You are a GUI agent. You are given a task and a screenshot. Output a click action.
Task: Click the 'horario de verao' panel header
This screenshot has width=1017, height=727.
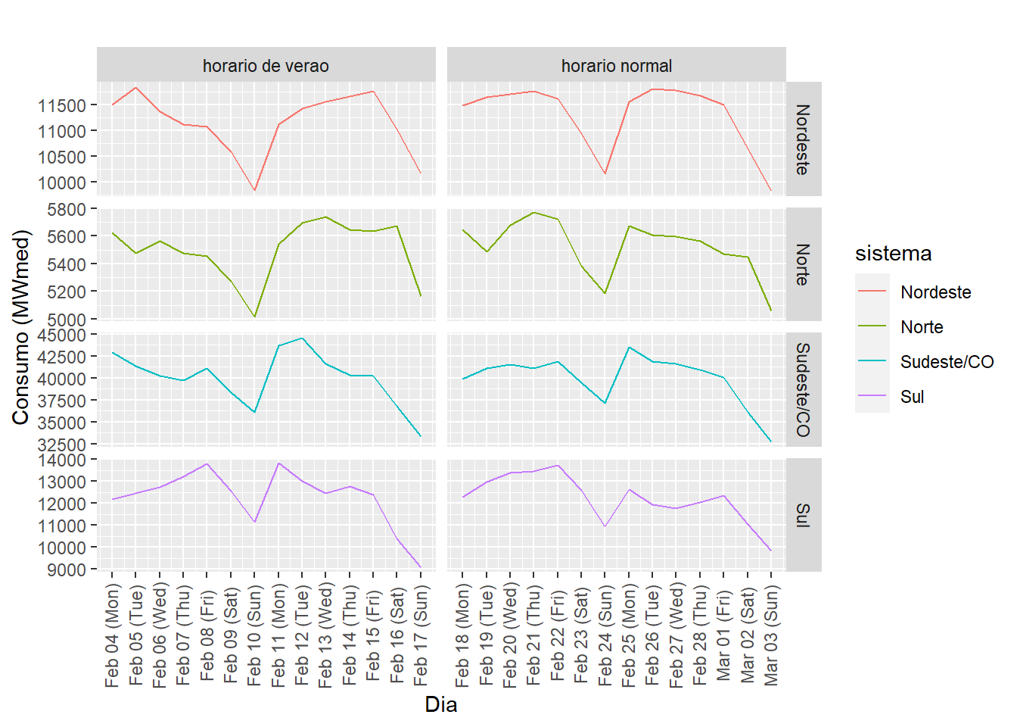[266, 66]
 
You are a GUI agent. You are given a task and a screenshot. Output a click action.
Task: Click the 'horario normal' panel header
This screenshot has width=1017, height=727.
[616, 66]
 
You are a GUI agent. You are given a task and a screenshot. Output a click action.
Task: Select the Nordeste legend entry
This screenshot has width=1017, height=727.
[935, 292]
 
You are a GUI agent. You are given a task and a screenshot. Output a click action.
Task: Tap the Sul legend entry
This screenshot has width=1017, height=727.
[912, 397]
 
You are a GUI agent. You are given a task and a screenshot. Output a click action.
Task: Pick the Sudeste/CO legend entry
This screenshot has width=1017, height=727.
[947, 362]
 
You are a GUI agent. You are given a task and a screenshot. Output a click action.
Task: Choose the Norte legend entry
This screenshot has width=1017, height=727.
[922, 327]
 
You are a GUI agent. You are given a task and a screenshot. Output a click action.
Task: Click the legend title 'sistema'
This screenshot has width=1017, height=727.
[893, 254]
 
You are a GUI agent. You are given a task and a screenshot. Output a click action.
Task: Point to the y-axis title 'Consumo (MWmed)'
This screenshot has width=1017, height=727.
[21, 327]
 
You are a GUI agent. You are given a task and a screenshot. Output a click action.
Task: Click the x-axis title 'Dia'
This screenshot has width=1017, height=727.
[440, 705]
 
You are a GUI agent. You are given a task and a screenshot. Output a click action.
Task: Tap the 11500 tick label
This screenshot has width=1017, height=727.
[62, 105]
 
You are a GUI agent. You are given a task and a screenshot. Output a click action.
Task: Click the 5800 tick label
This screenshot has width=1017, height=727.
[67, 209]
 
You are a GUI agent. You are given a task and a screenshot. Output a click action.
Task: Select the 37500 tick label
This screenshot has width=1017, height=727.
[62, 401]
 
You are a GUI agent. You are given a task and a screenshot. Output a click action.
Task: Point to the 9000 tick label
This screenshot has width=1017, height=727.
[67, 569]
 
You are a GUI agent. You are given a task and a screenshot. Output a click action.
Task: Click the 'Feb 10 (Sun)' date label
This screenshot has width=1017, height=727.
[255, 635]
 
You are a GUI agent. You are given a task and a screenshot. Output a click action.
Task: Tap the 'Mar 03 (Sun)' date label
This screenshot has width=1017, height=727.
[771, 635]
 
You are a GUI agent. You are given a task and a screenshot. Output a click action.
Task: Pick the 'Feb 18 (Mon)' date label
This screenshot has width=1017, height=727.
[463, 635]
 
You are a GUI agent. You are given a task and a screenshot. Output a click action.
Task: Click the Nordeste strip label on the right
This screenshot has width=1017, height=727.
[803, 139]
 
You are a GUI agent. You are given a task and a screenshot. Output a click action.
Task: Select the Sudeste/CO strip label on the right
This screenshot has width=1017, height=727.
[803, 389]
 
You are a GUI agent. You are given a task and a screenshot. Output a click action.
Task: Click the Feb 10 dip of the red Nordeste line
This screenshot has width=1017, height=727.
[255, 190]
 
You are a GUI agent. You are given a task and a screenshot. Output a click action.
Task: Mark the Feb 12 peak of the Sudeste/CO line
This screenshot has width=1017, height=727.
[302, 339]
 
